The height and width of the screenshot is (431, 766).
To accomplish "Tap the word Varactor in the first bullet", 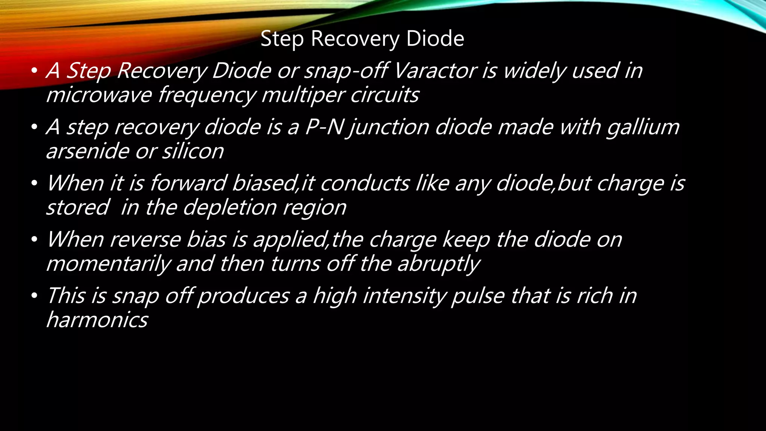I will point(435,70).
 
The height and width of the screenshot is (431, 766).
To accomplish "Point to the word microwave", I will point(99,95).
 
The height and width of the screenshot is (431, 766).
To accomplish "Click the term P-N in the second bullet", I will point(324,127).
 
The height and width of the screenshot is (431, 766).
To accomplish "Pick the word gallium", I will point(643,128).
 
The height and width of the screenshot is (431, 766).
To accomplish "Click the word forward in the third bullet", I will point(188,183).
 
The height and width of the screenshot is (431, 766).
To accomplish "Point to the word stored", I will point(78,207).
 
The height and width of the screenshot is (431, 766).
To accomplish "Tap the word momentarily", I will point(108,264).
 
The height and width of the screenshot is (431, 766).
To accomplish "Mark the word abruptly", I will point(438,264).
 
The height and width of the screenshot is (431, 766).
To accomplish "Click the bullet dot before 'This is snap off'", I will point(34,296).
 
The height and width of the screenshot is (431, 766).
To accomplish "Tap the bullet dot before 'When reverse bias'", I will point(34,239).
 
